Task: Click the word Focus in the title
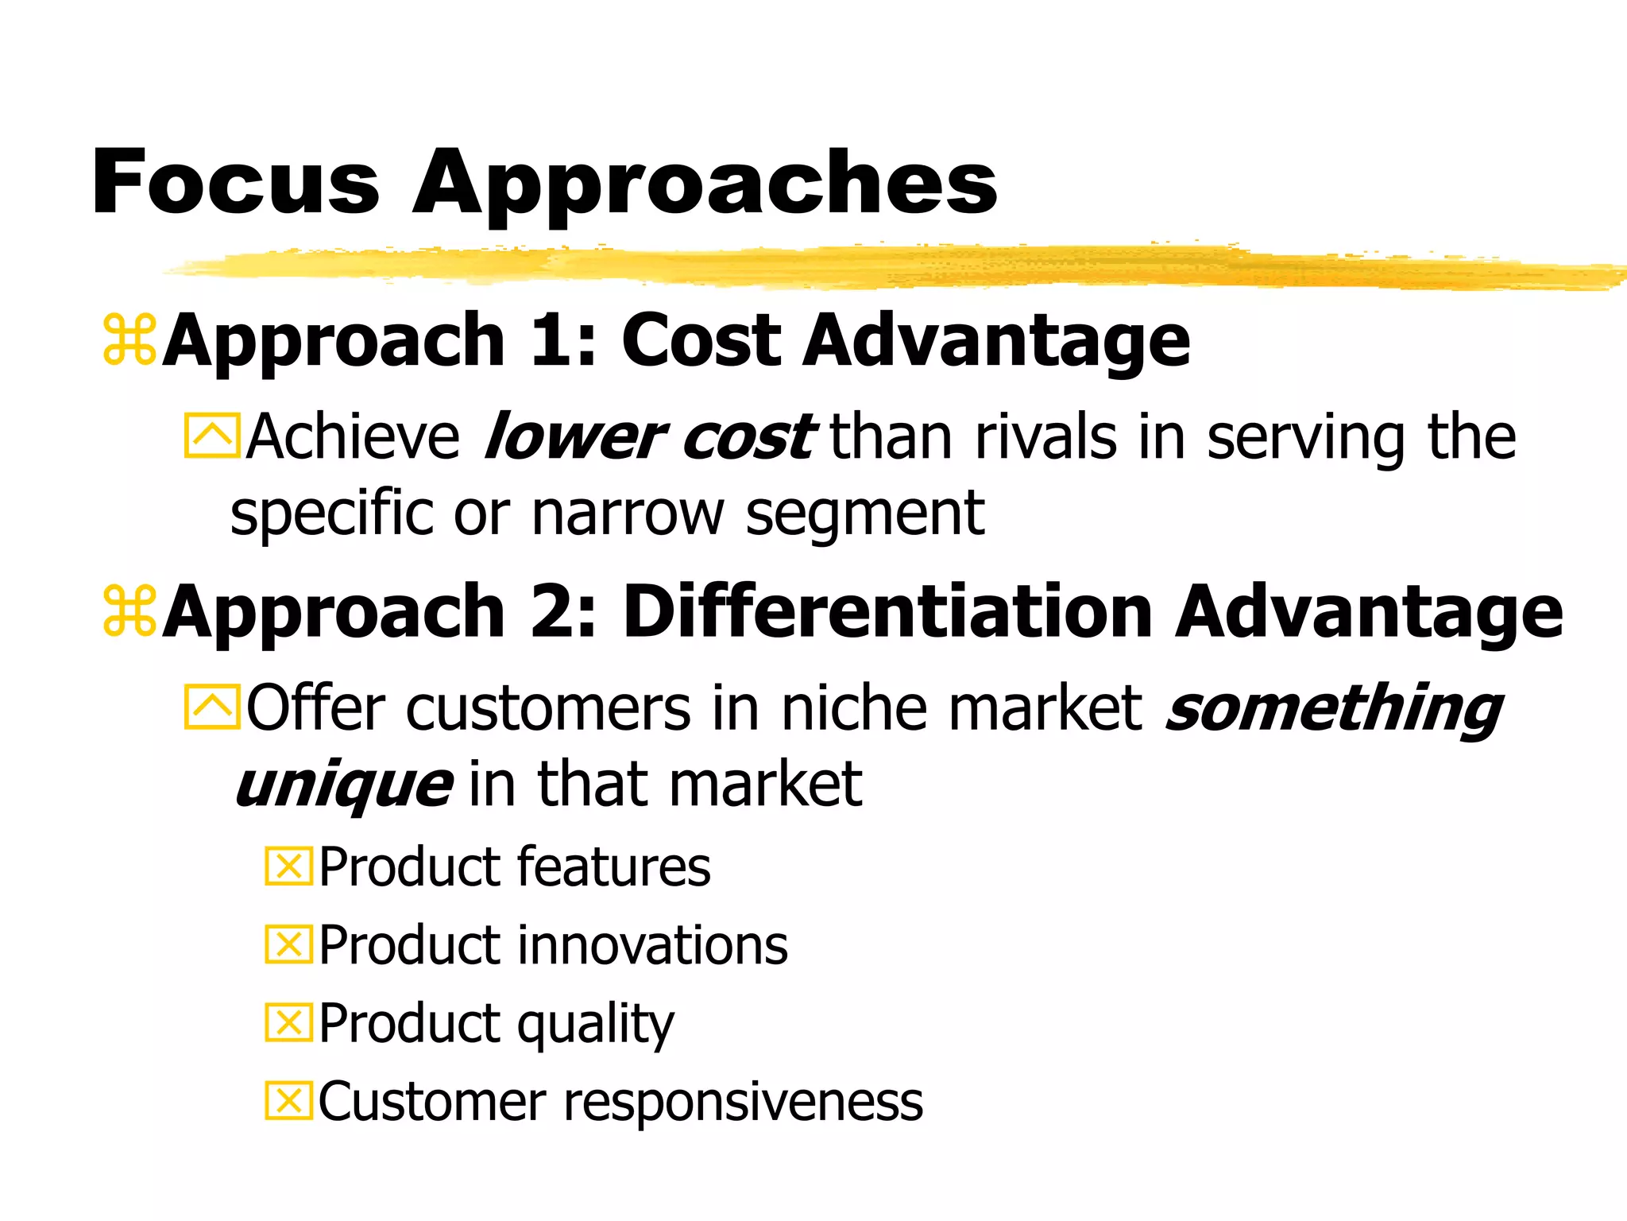(x=236, y=183)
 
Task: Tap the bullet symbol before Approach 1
(x=129, y=341)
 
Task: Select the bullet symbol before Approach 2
(x=129, y=611)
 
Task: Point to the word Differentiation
(x=887, y=611)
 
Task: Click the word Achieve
(x=353, y=437)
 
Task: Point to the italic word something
(x=1334, y=707)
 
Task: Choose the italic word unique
(x=344, y=785)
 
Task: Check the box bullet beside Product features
(x=288, y=866)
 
